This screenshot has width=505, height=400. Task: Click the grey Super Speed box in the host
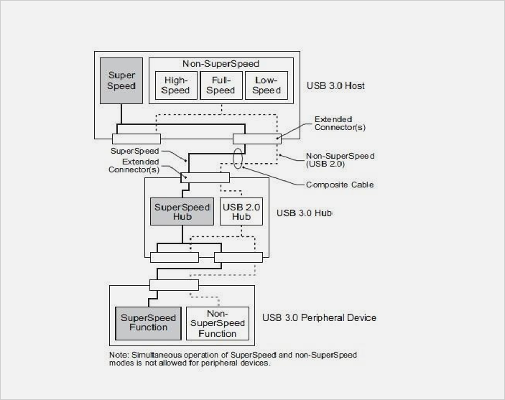click(121, 80)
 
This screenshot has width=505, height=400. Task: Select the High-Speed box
click(176, 85)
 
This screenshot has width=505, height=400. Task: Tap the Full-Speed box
click(221, 85)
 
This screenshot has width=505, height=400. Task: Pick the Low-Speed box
click(266, 85)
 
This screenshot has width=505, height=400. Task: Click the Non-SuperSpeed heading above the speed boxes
click(223, 63)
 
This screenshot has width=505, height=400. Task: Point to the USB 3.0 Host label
click(335, 86)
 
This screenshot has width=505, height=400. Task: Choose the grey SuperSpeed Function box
click(144, 322)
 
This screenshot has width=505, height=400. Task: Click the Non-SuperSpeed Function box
click(217, 323)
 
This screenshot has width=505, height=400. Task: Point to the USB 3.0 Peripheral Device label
click(319, 317)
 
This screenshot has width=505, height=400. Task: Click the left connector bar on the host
click(136, 138)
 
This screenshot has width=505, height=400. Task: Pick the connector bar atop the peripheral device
click(173, 284)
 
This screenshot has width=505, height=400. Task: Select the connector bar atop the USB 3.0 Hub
click(205, 177)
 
